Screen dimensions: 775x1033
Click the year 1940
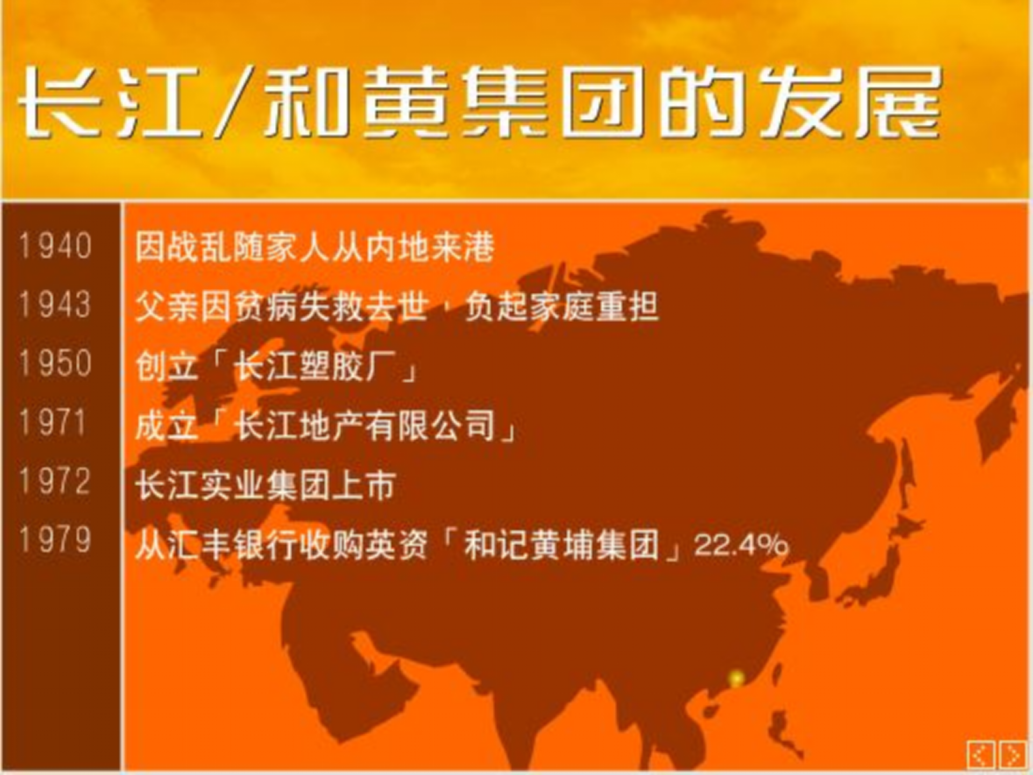pyautogui.click(x=55, y=246)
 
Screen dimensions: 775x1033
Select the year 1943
pyautogui.click(x=55, y=305)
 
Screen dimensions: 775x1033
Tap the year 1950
pyautogui.click(x=55, y=363)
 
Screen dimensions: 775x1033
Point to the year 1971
pyautogui.click(x=53, y=422)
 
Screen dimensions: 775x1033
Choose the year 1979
pyautogui.click(x=55, y=539)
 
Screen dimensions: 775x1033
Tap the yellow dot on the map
pyautogui.click(x=736, y=679)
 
